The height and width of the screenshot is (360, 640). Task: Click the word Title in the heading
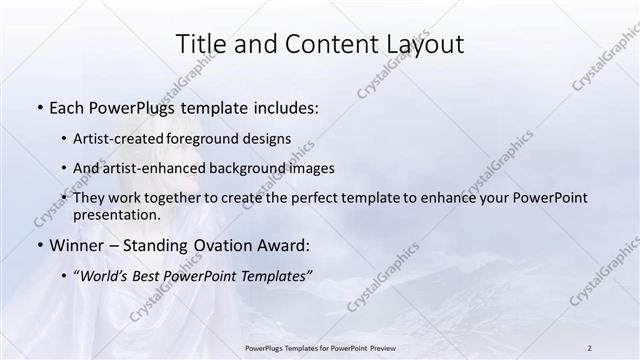pos(200,44)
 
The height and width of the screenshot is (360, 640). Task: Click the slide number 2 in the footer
pos(589,347)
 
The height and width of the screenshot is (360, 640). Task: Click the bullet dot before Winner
pos(39,246)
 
